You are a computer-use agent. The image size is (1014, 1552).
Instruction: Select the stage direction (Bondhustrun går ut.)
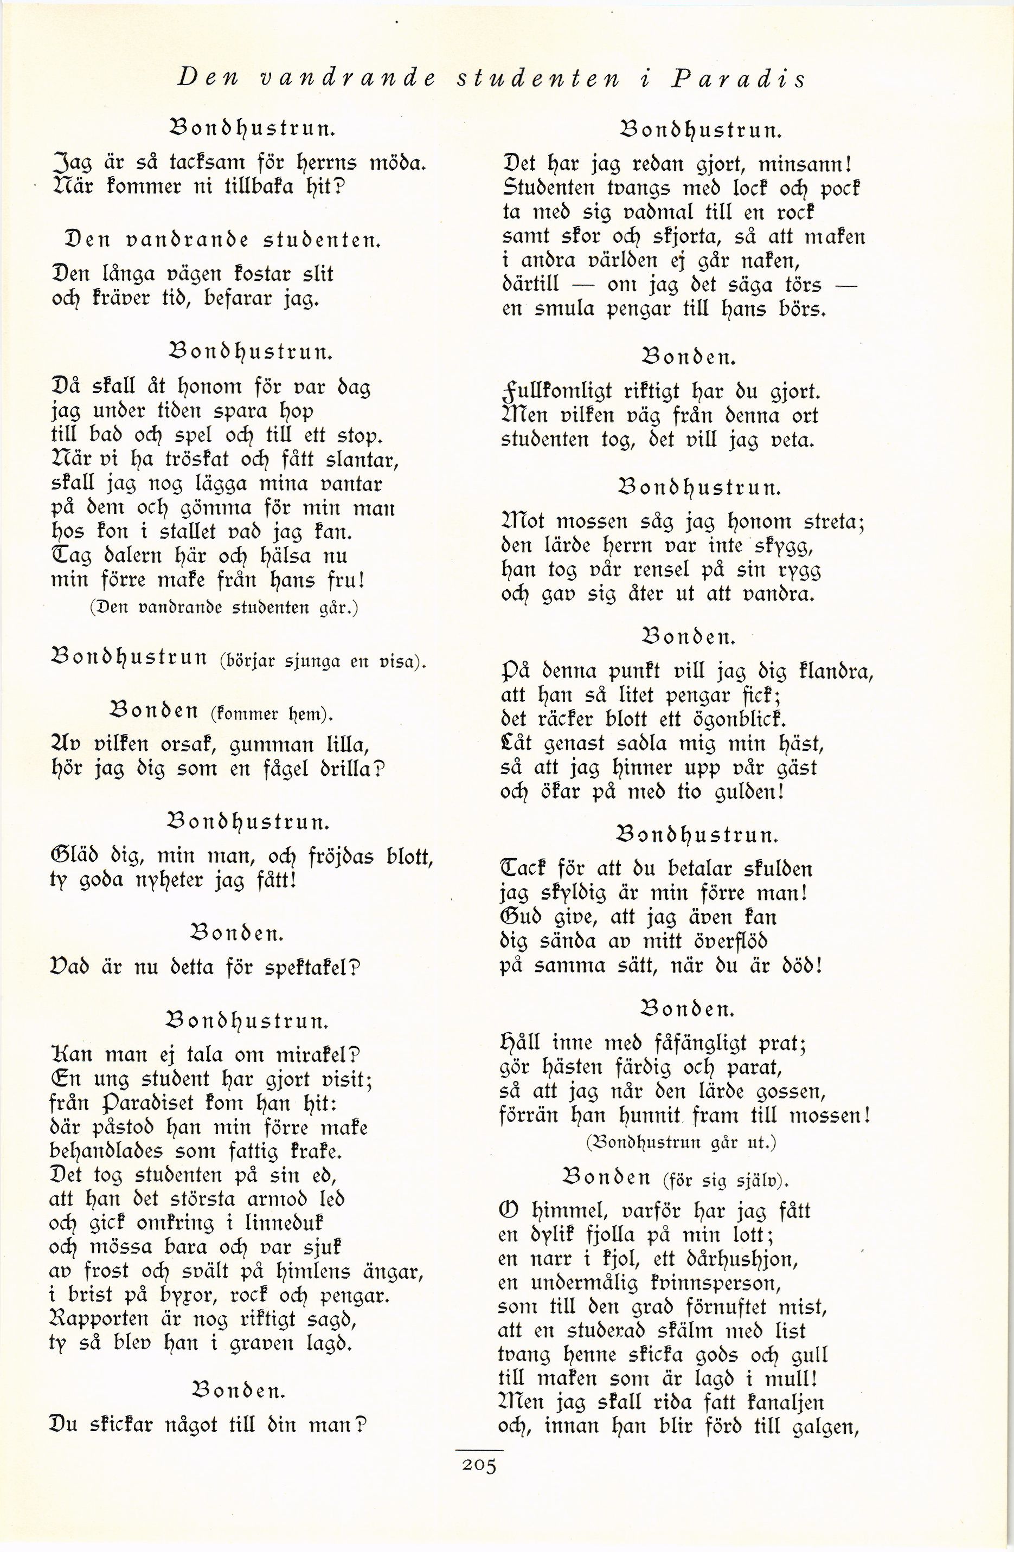point(682,1142)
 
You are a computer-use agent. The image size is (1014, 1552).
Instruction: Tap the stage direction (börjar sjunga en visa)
point(322,662)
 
